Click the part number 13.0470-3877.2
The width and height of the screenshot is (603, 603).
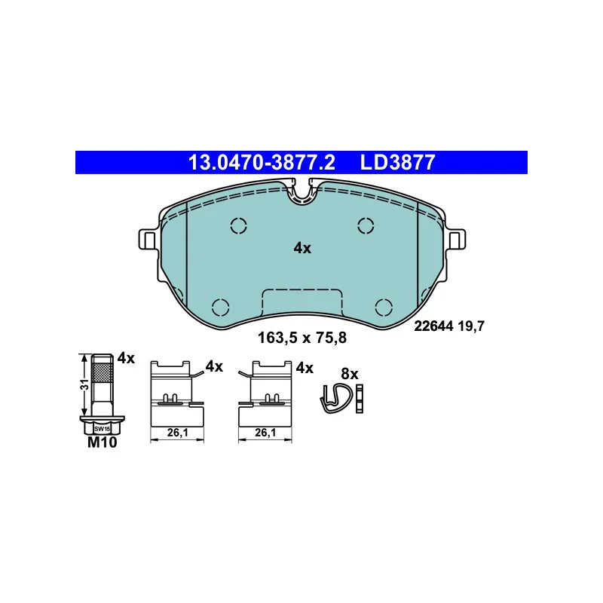[x=262, y=162]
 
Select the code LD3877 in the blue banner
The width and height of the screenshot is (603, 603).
[x=397, y=162]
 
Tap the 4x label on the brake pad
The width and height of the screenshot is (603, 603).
[x=302, y=249]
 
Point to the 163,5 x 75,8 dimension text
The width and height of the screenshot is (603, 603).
[x=302, y=338]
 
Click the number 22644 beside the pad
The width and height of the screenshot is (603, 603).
[x=433, y=326]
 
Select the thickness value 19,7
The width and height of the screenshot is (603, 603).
[x=471, y=326]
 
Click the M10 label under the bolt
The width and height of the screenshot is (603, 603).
[x=102, y=442]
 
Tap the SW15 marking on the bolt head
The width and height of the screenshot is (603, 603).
[x=103, y=428]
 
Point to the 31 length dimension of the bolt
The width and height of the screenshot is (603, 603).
[x=84, y=384]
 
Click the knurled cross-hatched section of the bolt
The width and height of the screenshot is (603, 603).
[x=103, y=371]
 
